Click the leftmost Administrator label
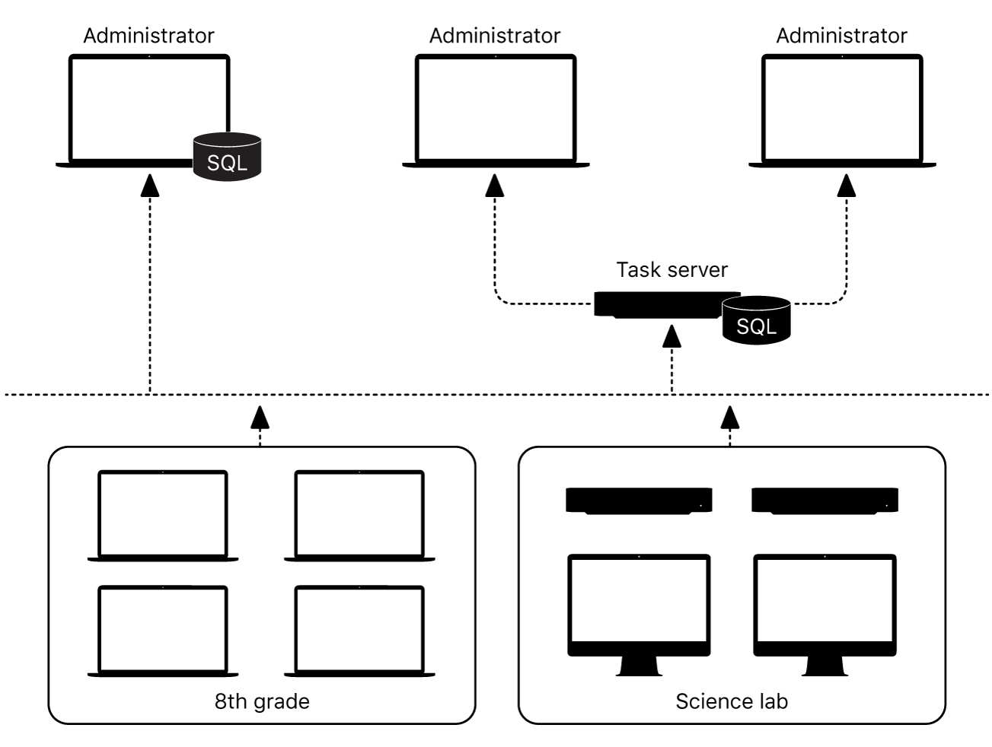[x=148, y=36]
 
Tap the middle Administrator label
[x=495, y=36]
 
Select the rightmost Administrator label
[x=841, y=36]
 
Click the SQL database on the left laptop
[x=227, y=157]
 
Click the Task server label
[x=671, y=270]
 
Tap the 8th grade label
[x=262, y=701]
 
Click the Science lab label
[x=731, y=701]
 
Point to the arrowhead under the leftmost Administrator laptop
[x=150, y=184]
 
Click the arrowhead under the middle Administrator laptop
[x=495, y=184]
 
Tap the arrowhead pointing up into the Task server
[x=671, y=335]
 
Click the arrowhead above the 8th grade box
[x=260, y=415]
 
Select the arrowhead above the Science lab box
[x=730, y=415]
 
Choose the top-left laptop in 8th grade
[x=162, y=515]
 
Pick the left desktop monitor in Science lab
[x=639, y=605]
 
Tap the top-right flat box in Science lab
[x=825, y=501]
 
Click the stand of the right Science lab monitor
[x=825, y=666]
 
